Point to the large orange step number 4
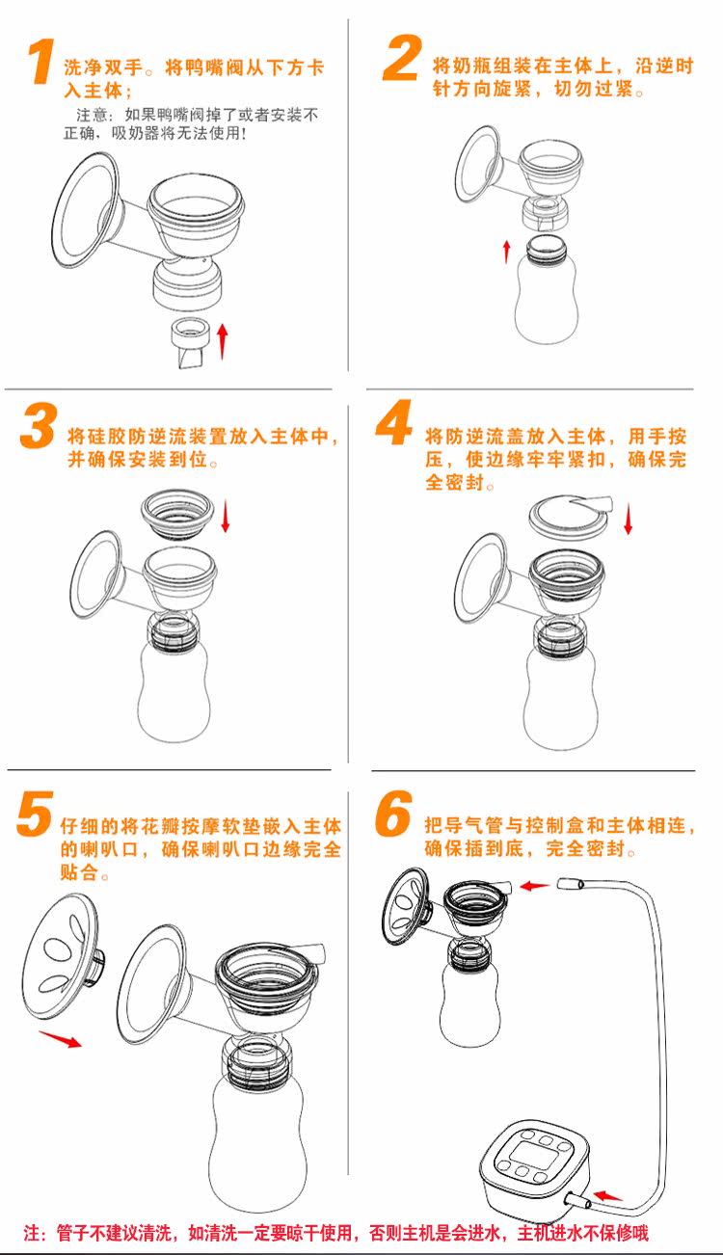coord(393,425)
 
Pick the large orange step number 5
coord(35,814)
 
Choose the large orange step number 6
coord(393,814)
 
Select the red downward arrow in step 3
coord(227,516)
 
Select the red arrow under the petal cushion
coord(61,1038)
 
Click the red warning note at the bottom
coord(336,1232)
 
